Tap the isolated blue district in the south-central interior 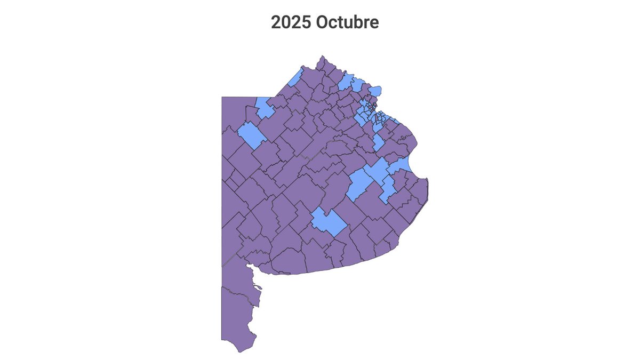[x=328, y=222]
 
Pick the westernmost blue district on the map [x=252, y=134]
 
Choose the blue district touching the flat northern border [x=265, y=107]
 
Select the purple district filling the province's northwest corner [x=234, y=112]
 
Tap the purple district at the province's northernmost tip [x=322, y=63]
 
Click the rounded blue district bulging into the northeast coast [x=376, y=90]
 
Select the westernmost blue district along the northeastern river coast [x=345, y=82]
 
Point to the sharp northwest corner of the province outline [x=222, y=97]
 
